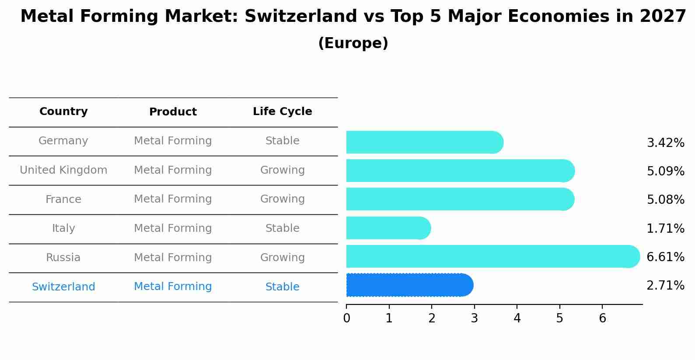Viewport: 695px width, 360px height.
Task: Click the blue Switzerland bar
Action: (x=409, y=285)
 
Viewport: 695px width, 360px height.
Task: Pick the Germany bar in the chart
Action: (x=424, y=142)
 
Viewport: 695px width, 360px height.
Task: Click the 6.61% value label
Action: (x=665, y=257)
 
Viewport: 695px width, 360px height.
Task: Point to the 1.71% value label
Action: (x=665, y=228)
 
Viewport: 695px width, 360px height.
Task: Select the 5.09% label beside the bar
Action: (x=665, y=171)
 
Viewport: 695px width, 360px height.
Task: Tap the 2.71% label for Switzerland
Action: (x=665, y=286)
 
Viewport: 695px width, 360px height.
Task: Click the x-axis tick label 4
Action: (x=517, y=318)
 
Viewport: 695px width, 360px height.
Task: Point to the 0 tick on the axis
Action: (x=346, y=318)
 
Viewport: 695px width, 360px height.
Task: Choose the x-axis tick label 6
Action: (x=602, y=318)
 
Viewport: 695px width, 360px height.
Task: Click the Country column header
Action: (x=63, y=112)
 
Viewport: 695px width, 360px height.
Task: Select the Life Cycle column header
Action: (x=282, y=112)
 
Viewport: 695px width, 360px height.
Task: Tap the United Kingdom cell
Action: (x=63, y=170)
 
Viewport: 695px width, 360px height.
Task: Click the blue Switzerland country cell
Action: (x=63, y=287)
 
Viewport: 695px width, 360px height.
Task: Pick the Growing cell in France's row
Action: (x=282, y=199)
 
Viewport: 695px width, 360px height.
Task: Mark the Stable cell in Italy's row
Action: (x=282, y=228)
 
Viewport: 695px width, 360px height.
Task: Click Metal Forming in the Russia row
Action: (x=173, y=258)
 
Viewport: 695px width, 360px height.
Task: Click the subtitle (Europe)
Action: (x=353, y=43)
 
